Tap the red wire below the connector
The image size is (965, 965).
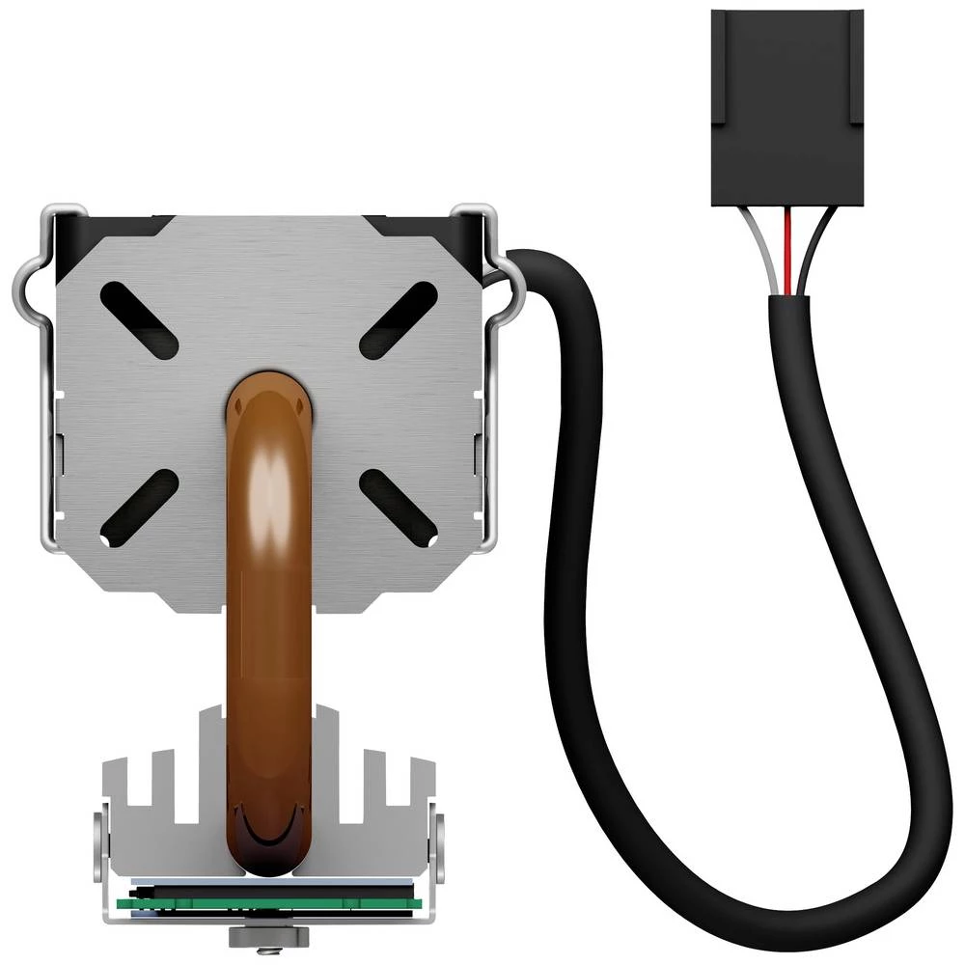[x=789, y=251]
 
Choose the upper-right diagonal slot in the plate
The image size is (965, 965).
[x=399, y=320]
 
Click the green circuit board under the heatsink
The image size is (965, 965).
[x=270, y=904]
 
